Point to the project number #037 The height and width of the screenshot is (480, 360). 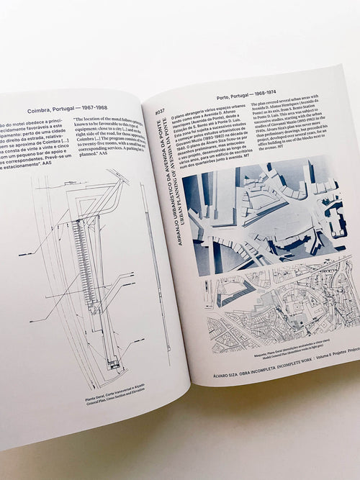(158, 112)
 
